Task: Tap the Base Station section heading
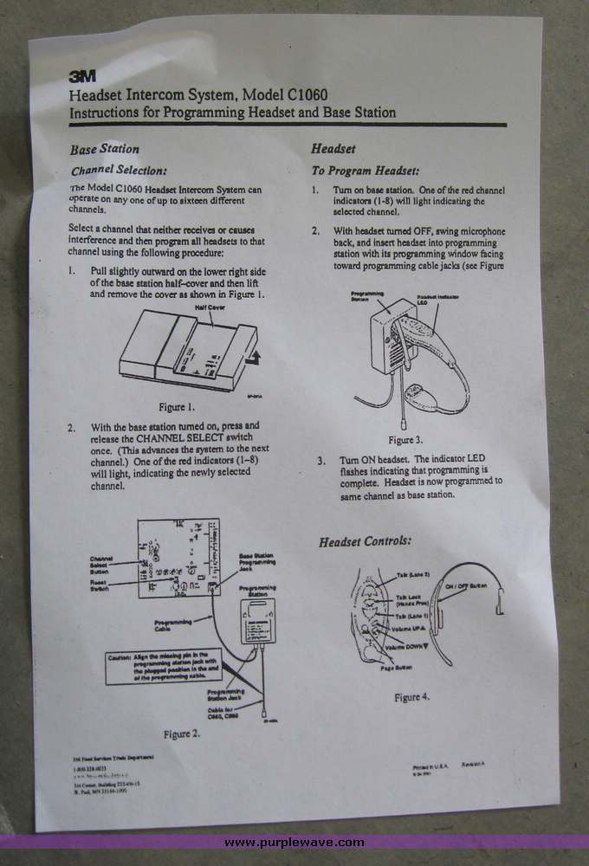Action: [x=104, y=148]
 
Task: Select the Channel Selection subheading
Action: [x=119, y=171]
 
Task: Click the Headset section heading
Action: [x=333, y=149]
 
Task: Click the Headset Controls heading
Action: [x=365, y=542]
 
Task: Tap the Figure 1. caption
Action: [x=177, y=406]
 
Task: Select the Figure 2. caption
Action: [x=182, y=734]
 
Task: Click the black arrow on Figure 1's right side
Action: [x=252, y=353]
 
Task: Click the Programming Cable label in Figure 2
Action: [x=173, y=625]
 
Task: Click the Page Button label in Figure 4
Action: [x=398, y=668]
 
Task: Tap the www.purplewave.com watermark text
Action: [x=294, y=842]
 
